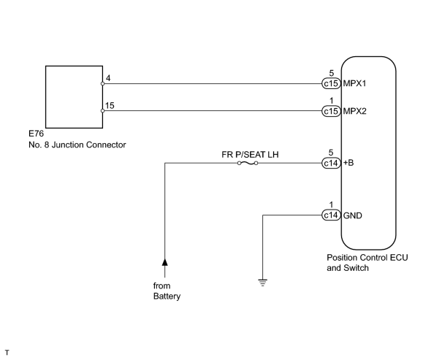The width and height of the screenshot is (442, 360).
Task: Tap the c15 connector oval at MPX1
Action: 331,84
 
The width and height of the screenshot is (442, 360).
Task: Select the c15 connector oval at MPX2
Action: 331,111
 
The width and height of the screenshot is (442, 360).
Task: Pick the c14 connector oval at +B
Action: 331,163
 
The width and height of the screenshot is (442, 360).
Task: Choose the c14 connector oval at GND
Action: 331,215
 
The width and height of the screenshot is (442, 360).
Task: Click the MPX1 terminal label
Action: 354,84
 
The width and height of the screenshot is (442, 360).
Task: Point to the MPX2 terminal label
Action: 354,111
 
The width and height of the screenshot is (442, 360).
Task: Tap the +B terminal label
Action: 348,163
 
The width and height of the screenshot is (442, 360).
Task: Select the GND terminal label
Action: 353,215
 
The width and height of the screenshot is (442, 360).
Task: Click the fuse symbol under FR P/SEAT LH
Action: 248,163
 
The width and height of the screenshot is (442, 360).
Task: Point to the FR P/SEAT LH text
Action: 250,154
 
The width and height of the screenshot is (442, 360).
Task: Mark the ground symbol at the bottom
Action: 263,283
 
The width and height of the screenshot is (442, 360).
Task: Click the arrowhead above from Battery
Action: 165,262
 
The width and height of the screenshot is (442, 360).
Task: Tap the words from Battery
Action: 167,291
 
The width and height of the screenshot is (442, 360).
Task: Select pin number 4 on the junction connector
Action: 108,78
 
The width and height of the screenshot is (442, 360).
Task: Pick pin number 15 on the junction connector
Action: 110,106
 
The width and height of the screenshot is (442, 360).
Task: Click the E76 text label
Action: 37,133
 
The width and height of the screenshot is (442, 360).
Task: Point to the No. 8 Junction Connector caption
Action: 77,145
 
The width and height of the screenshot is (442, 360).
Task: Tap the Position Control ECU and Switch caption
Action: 367,263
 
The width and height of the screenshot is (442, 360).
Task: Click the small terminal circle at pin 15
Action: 102,111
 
